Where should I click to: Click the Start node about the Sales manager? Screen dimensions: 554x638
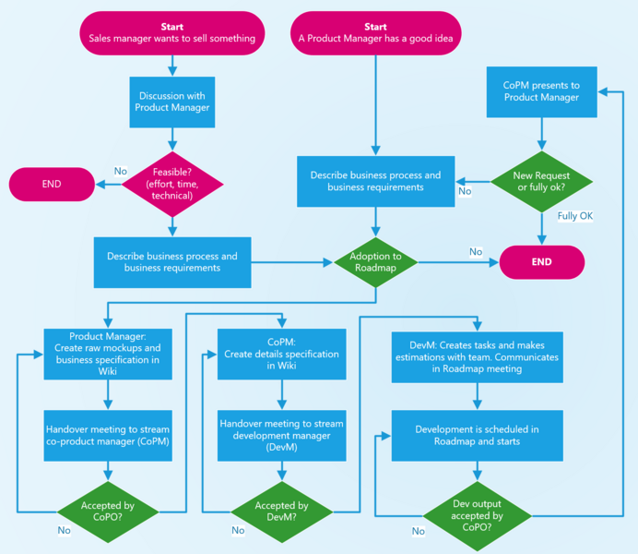click(171, 32)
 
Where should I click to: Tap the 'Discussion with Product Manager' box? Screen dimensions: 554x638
click(171, 102)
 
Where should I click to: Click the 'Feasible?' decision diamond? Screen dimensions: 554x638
click(171, 183)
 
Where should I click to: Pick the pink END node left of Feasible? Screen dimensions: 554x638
click(52, 184)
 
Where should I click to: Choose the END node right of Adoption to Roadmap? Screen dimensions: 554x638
click(541, 262)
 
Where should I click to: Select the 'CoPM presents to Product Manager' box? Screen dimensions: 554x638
click(541, 90)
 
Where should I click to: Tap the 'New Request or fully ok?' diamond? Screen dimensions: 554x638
click(541, 183)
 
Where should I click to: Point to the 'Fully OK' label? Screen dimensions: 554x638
click(574, 216)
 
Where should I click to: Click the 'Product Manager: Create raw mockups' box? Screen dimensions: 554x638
click(109, 354)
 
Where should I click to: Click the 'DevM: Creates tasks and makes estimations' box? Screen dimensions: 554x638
click(477, 356)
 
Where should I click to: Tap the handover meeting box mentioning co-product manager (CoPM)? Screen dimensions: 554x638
click(109, 434)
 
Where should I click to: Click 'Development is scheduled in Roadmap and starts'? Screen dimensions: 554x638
click(477, 435)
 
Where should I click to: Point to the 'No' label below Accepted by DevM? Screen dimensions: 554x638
click(238, 530)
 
